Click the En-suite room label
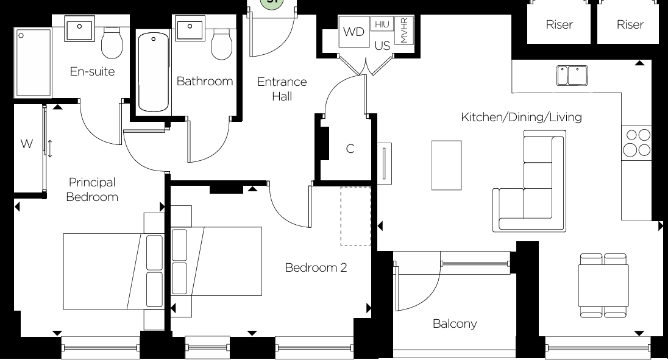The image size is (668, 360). pyautogui.click(x=92, y=72)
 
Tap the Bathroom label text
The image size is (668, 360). pyautogui.click(x=205, y=81)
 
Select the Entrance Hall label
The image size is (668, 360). pyautogui.click(x=282, y=89)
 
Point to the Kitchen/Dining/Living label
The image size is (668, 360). pyautogui.click(x=521, y=117)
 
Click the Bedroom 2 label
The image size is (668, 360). pyautogui.click(x=316, y=267)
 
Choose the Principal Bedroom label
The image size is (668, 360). pyautogui.click(x=92, y=189)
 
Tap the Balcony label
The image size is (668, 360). pyautogui.click(x=455, y=323)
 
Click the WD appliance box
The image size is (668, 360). pyautogui.click(x=354, y=32)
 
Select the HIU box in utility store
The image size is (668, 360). pyautogui.click(x=382, y=24)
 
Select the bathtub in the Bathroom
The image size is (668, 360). pyautogui.click(x=152, y=71)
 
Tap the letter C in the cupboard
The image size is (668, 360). pyautogui.click(x=350, y=149)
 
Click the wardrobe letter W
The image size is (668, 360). pyautogui.click(x=27, y=144)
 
